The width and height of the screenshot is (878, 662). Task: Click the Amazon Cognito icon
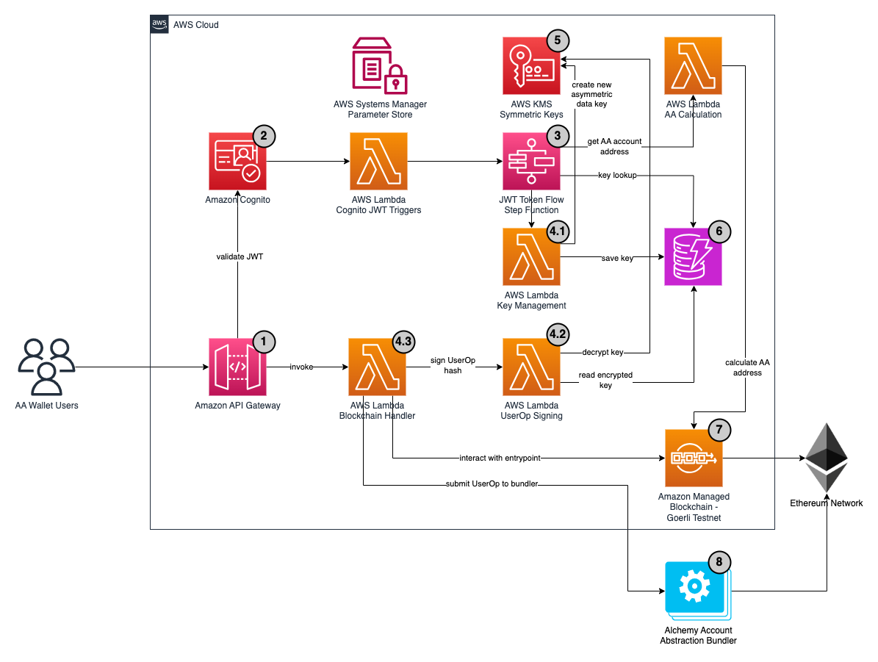click(x=237, y=162)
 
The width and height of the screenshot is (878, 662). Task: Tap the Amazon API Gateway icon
click(x=237, y=367)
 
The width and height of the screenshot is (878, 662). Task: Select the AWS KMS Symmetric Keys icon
click(x=531, y=66)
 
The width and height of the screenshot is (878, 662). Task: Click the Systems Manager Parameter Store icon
click(x=379, y=67)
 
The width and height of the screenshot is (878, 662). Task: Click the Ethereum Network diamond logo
click(x=827, y=458)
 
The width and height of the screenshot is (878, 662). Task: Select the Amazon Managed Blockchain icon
click(x=694, y=458)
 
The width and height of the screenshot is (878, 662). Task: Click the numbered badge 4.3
click(x=403, y=341)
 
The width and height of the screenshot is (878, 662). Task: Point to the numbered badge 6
click(x=719, y=231)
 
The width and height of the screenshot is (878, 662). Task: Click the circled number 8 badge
click(x=719, y=562)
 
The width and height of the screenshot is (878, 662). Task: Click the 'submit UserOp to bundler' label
click(x=493, y=484)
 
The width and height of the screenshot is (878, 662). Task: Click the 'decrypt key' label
click(x=602, y=352)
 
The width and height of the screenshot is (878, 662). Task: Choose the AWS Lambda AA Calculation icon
click(x=693, y=66)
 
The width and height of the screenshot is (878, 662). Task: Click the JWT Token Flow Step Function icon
click(x=531, y=162)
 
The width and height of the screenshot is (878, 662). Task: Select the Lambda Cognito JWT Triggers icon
click(x=379, y=162)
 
